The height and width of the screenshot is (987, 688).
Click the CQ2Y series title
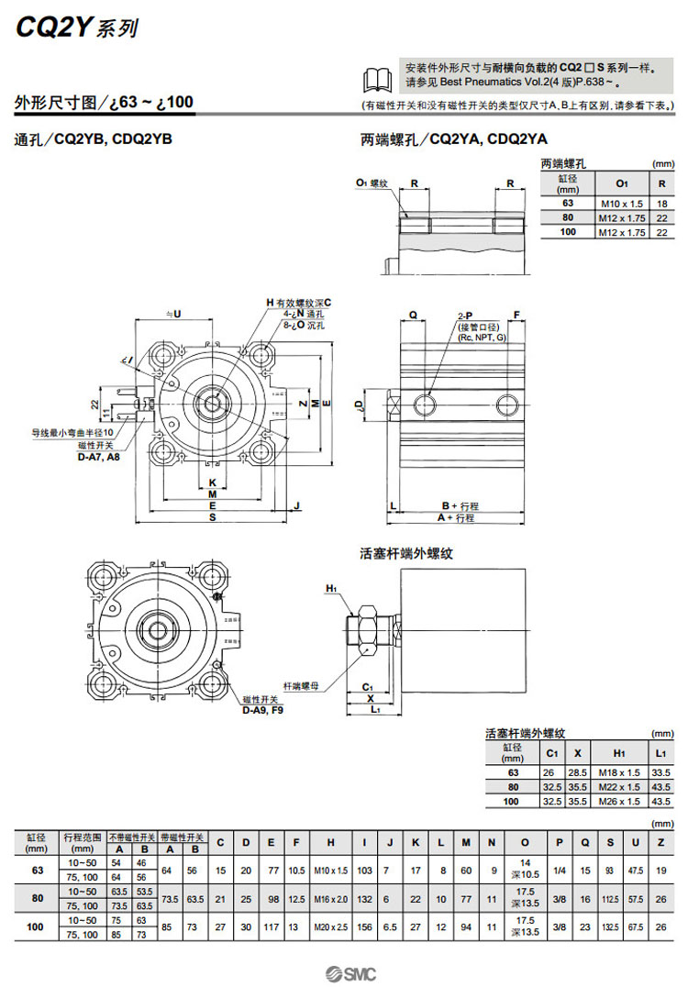(76, 28)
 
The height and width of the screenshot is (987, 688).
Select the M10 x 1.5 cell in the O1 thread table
(622, 204)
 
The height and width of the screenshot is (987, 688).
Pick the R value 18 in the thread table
(661, 204)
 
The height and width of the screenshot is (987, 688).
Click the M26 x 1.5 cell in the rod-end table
(621, 802)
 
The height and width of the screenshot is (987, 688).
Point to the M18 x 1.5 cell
(621, 773)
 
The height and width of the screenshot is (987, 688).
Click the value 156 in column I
(365, 927)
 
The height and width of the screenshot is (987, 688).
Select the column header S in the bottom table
(609, 842)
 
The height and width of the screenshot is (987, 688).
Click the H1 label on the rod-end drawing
(331, 588)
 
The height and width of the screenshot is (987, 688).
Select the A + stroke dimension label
(456, 518)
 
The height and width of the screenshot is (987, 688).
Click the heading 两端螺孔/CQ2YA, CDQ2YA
(453, 139)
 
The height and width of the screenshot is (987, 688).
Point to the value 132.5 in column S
(609, 927)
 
